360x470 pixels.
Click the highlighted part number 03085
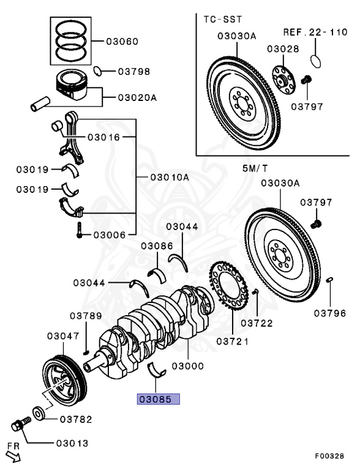(159, 399)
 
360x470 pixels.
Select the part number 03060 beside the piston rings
(122, 42)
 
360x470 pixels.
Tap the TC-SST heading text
(223, 20)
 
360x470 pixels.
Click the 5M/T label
(255, 168)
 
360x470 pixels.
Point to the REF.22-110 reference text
(315, 32)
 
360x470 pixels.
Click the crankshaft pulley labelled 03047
(64, 380)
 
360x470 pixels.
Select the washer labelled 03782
(39, 414)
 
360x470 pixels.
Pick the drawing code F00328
(329, 456)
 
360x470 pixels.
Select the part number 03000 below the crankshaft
(188, 366)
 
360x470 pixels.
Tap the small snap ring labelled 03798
(97, 71)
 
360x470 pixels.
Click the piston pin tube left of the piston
(40, 103)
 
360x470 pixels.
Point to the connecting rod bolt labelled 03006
(79, 230)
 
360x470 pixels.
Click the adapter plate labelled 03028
(284, 80)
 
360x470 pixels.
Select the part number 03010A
(170, 177)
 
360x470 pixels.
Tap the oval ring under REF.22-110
(315, 61)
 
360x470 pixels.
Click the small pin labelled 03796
(329, 280)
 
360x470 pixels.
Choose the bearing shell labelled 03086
(157, 275)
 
